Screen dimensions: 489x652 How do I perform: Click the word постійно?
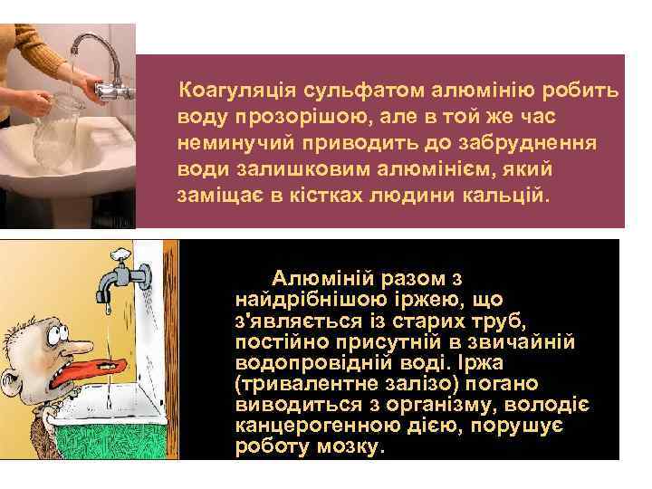(273, 343)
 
